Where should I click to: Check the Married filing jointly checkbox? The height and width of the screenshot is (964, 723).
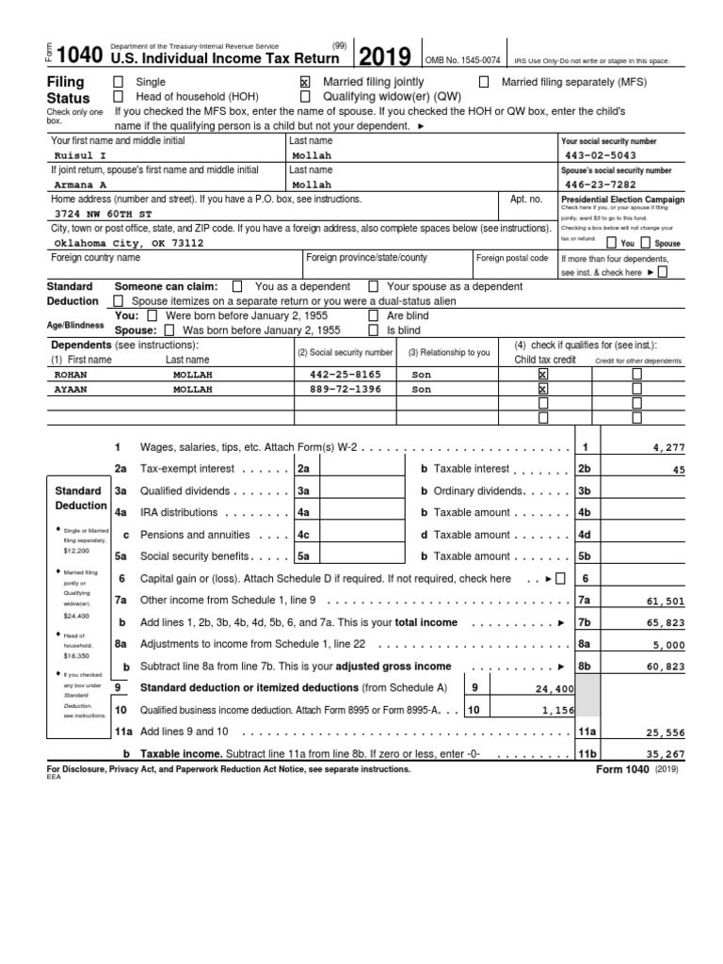pyautogui.click(x=304, y=83)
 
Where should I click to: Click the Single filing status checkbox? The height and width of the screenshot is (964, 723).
pyautogui.click(x=118, y=83)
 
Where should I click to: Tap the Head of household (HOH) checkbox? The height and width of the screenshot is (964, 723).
pyautogui.click(x=118, y=97)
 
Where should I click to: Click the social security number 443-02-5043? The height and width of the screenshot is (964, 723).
pyautogui.click(x=601, y=156)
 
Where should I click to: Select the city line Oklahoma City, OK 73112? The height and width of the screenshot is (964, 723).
pyautogui.click(x=128, y=243)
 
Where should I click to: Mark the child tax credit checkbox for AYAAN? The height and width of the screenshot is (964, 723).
pyautogui.click(x=542, y=389)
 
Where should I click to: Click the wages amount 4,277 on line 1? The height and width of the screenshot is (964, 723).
pyautogui.click(x=669, y=448)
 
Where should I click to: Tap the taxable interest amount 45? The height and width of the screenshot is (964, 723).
pyautogui.click(x=679, y=470)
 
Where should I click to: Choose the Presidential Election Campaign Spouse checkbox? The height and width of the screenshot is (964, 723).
pyautogui.click(x=645, y=243)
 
